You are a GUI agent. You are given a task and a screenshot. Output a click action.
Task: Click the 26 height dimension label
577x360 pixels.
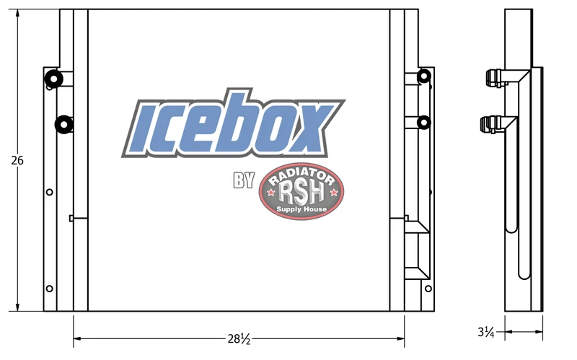pyautogui.click(x=17, y=160)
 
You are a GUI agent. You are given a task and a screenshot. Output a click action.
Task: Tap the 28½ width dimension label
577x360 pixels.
pyautogui.click(x=239, y=338)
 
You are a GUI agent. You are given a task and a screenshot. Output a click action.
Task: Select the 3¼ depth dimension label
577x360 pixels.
pyautogui.click(x=485, y=332)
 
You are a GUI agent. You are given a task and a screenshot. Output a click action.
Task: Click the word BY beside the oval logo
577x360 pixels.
pyautogui.click(x=244, y=180)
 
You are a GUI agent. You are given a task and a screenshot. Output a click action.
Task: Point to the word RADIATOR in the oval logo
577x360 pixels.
pyautogui.click(x=301, y=176)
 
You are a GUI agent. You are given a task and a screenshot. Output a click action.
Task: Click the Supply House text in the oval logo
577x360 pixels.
pyautogui.click(x=301, y=209)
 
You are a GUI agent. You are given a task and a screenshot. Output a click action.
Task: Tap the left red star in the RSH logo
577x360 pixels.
pyautogui.click(x=271, y=192)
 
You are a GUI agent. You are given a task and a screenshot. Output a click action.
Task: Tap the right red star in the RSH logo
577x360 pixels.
pyautogui.click(x=333, y=192)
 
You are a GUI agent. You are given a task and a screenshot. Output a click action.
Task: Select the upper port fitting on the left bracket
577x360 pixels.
pyautogui.click(x=53, y=79)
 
